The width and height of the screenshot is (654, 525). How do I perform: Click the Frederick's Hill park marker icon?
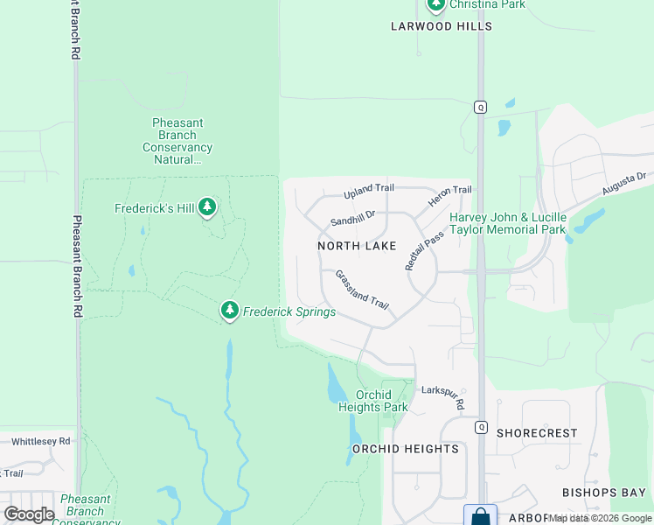[207, 207]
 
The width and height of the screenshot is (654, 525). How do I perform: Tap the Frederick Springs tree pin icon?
[229, 310]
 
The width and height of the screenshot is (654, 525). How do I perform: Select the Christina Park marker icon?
[435, 4]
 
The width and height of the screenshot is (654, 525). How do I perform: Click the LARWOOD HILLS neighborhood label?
[442, 26]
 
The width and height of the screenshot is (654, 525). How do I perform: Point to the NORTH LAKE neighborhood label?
[357, 246]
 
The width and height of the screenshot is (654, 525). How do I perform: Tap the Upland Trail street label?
[369, 188]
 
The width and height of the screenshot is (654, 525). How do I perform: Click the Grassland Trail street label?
[362, 289]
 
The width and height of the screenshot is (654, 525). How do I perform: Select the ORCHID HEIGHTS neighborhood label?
[405, 449]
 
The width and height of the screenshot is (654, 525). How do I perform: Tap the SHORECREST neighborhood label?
[537, 433]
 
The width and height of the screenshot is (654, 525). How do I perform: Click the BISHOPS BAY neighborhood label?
[603, 493]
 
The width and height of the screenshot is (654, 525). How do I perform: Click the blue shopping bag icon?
[480, 516]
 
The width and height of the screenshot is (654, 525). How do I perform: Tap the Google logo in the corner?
[28, 514]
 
